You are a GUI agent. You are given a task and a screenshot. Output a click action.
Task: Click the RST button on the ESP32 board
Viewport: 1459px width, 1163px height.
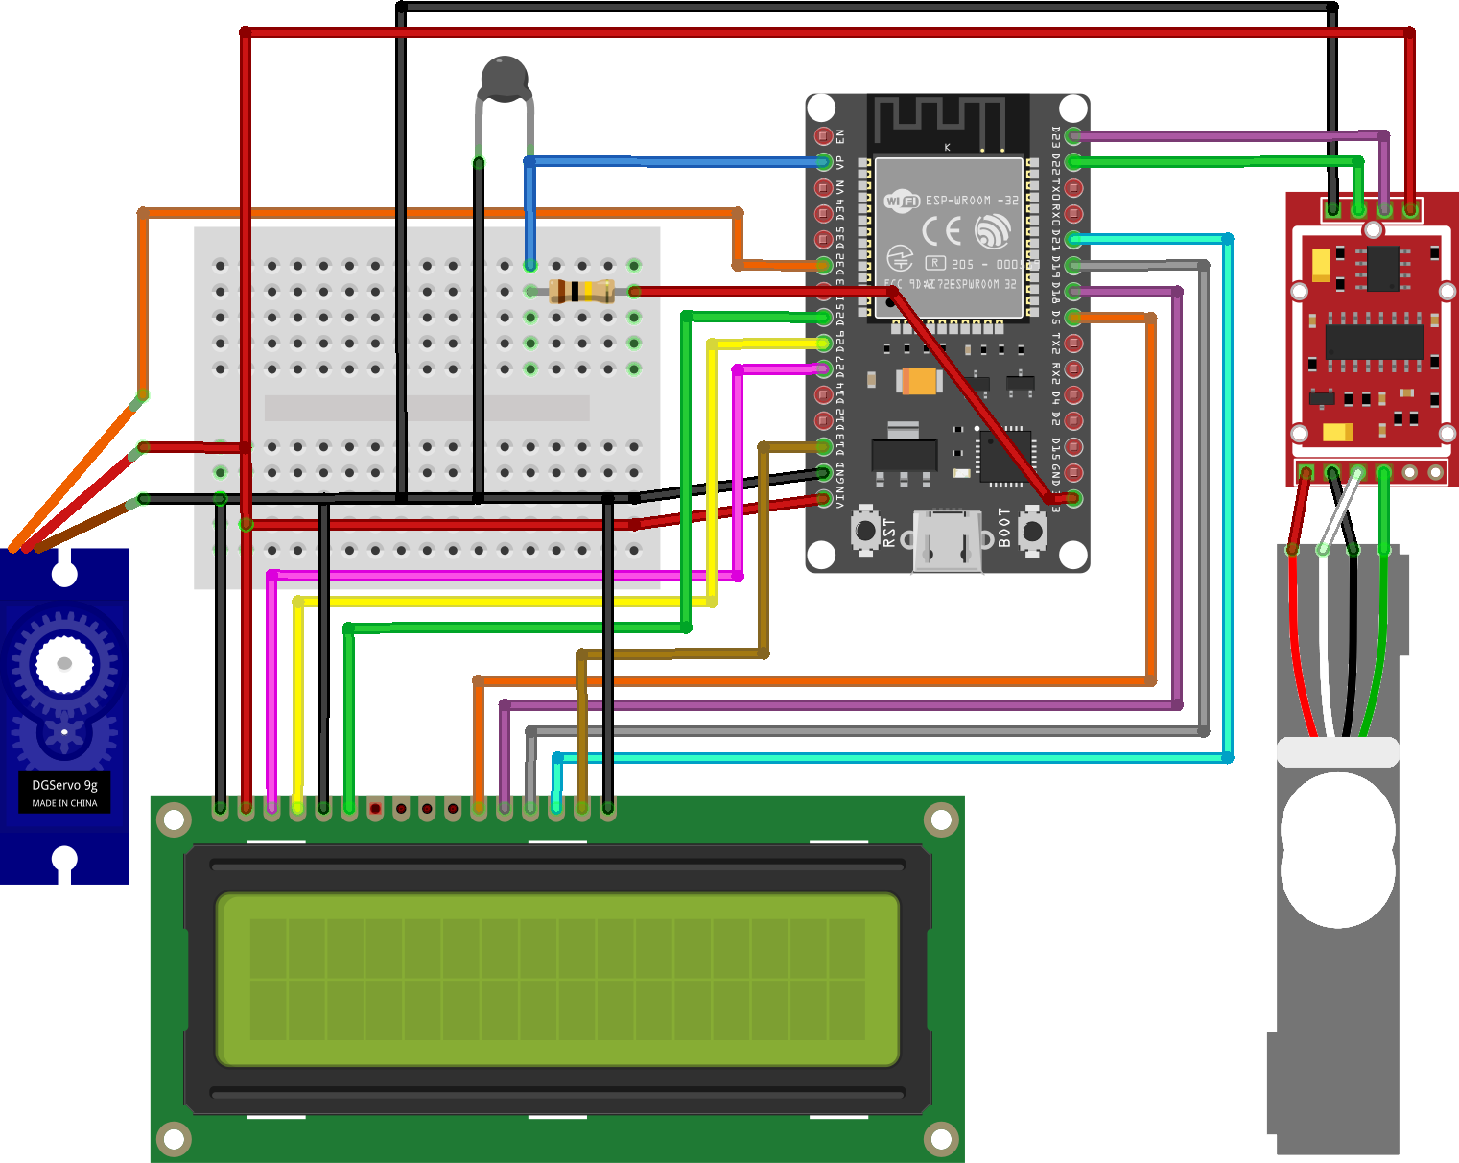866,530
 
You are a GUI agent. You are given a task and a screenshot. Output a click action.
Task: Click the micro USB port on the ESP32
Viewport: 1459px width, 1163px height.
947,541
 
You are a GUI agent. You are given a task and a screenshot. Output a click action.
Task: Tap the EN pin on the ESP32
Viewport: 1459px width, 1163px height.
823,136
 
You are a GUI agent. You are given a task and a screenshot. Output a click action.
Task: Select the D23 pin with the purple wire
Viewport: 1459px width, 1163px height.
1073,136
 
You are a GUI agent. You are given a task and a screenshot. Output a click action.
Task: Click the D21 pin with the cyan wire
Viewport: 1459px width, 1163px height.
1073,240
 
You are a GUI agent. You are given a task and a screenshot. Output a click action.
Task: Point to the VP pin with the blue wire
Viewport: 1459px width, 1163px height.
823,162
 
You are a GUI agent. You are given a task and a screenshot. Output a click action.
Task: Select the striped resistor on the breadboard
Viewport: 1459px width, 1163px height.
582,291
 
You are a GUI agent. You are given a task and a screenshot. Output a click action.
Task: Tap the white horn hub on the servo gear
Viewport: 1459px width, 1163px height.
64,663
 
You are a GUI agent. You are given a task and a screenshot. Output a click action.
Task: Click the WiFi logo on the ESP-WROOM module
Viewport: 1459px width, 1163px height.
902,201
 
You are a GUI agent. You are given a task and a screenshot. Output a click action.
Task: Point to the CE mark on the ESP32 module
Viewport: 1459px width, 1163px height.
941,231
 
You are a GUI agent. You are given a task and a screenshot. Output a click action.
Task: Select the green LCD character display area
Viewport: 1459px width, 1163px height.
557,979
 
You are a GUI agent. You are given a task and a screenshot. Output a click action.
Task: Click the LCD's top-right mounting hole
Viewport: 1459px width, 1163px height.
941,819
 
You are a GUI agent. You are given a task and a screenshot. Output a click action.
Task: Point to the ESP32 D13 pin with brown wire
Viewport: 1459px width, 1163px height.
823,446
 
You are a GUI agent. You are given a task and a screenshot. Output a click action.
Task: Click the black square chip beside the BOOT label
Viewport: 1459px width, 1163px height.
1004,455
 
